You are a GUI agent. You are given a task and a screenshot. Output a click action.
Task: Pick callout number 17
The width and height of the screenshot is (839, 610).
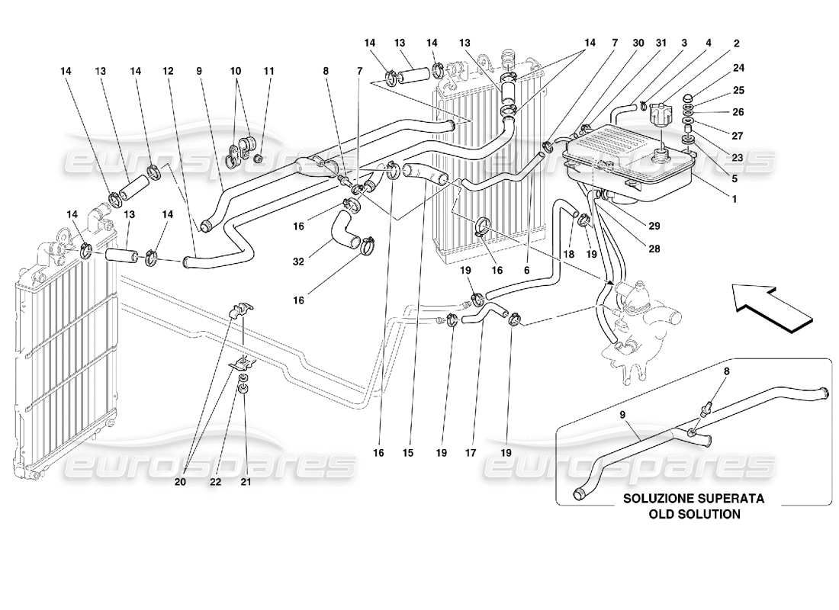click(x=470, y=452)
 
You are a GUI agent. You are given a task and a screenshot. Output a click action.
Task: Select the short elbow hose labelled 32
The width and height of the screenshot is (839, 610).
click(x=349, y=231)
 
